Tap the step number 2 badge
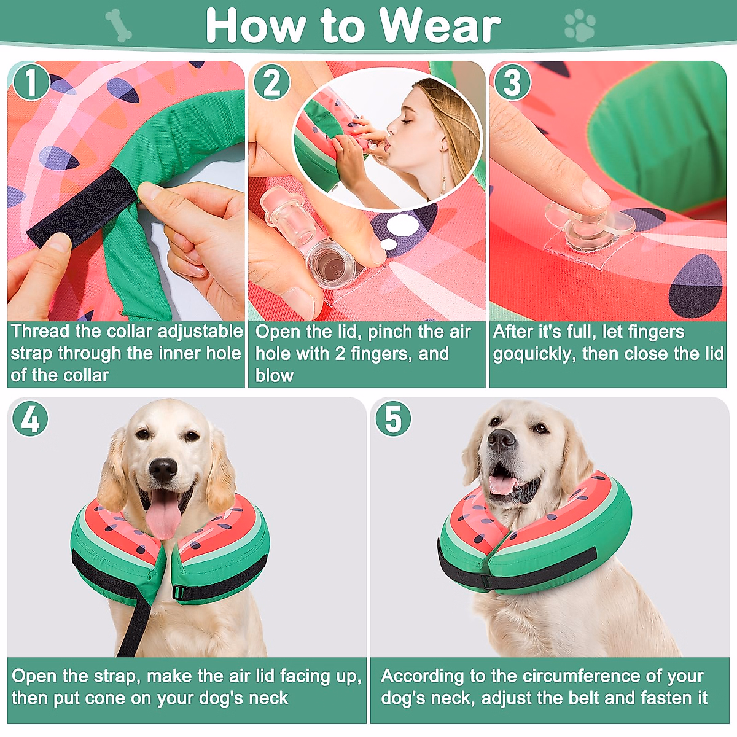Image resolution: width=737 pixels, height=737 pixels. point(271,82)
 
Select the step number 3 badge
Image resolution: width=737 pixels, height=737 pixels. point(512,82)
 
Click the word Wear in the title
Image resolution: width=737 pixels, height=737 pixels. point(439,26)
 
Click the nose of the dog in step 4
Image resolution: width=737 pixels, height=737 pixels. point(163,470)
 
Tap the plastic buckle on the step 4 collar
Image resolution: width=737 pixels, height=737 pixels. point(179,593)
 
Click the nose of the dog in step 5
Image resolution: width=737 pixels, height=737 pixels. point(502,439)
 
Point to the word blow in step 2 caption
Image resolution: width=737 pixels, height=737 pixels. point(274,375)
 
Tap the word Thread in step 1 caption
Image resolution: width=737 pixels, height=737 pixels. point(39,332)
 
